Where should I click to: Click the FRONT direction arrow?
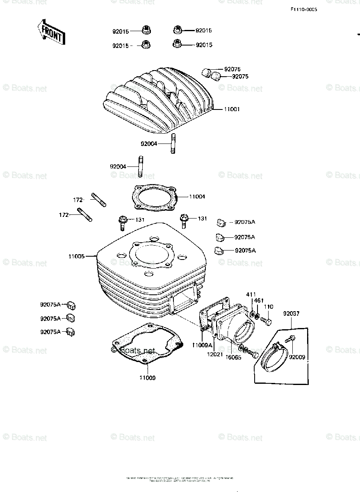[x=51, y=32]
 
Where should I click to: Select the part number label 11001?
[x=232, y=109]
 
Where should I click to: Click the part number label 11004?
[x=197, y=197]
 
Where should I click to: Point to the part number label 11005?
[x=77, y=256]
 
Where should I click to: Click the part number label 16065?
[x=233, y=357]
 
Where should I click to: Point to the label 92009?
[x=297, y=357]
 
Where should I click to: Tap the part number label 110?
[x=268, y=307]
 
